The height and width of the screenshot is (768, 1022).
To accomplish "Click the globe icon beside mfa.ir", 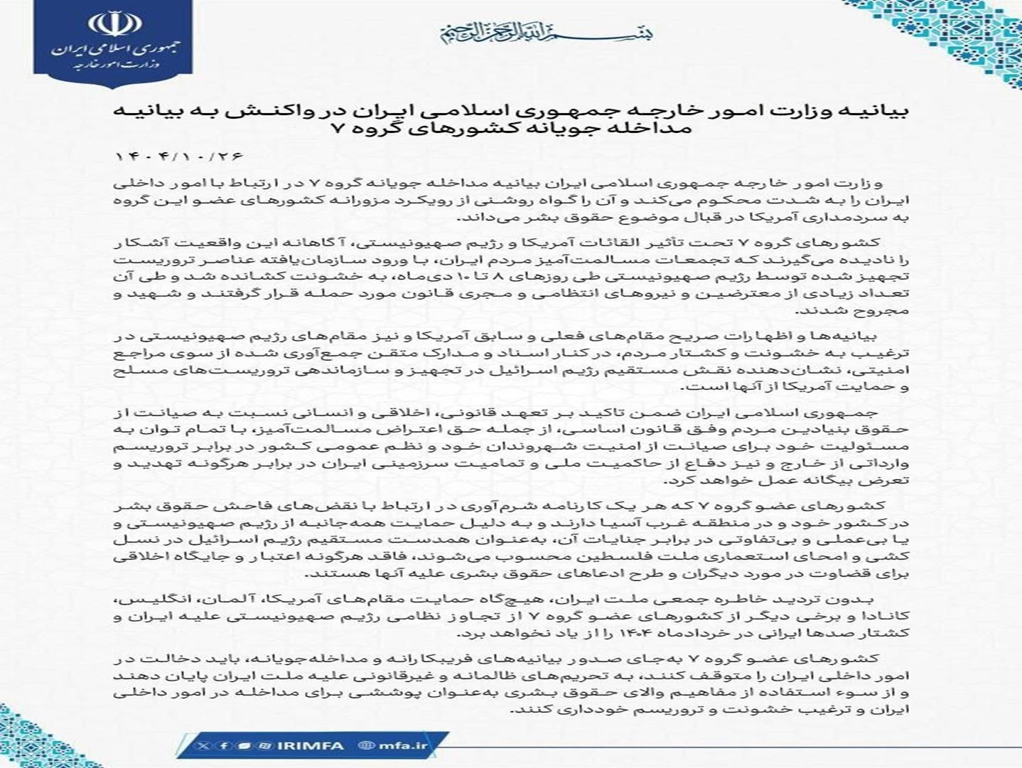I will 367,745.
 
